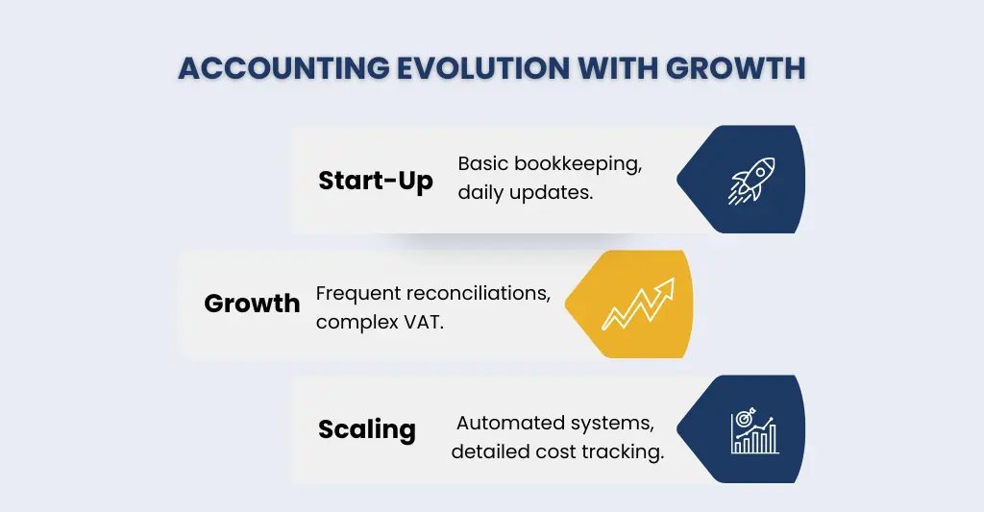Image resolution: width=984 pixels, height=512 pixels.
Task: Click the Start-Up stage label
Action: pyautogui.click(x=376, y=180)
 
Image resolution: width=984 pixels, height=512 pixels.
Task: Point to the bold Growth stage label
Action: pyautogui.click(x=252, y=304)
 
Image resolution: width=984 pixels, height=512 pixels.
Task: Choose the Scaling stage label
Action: pyautogui.click(x=367, y=428)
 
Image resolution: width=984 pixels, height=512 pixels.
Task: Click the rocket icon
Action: pyautogui.click(x=751, y=180)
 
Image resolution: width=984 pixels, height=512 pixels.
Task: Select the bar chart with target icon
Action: pyautogui.click(x=754, y=429)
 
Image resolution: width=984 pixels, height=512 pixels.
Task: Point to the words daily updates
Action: pyautogui.click(x=525, y=192)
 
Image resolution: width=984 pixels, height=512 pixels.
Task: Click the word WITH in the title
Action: pyautogui.click(x=605, y=70)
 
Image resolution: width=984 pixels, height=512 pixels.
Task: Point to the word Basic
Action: pyautogui.click(x=480, y=163)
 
